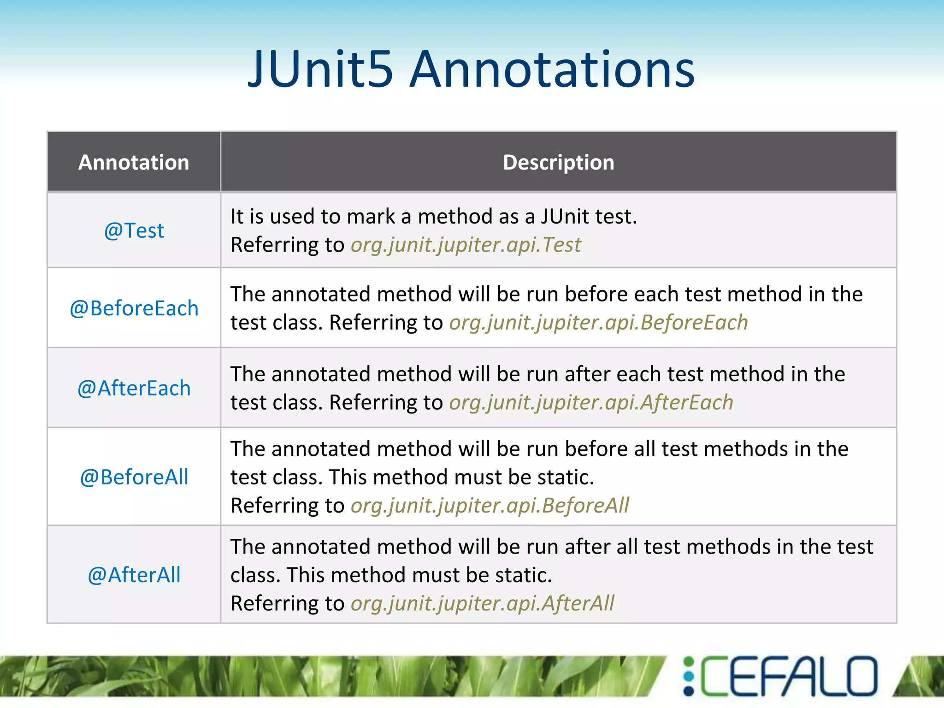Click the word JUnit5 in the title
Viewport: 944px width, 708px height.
click(320, 70)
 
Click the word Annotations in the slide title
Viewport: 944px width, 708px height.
click(552, 70)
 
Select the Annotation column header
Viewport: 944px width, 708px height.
click(134, 162)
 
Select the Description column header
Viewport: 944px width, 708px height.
click(558, 162)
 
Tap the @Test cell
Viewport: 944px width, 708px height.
click(134, 230)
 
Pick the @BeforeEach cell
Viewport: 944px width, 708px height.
click(134, 308)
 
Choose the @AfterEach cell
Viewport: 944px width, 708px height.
click(134, 388)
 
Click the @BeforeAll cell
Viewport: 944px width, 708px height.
click(134, 477)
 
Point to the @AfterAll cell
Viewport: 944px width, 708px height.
click(134, 575)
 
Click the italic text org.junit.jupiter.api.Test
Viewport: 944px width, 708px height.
click(466, 245)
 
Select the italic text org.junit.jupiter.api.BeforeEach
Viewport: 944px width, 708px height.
click(598, 323)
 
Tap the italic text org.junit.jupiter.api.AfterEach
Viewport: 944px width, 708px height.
click(591, 402)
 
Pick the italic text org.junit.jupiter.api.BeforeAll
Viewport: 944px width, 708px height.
click(490, 506)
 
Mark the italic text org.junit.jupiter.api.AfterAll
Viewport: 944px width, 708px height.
click(482, 603)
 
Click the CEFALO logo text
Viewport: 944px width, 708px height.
click(788, 676)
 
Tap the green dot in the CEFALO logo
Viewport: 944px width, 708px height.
click(689, 662)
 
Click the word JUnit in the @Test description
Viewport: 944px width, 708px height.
click(565, 217)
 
